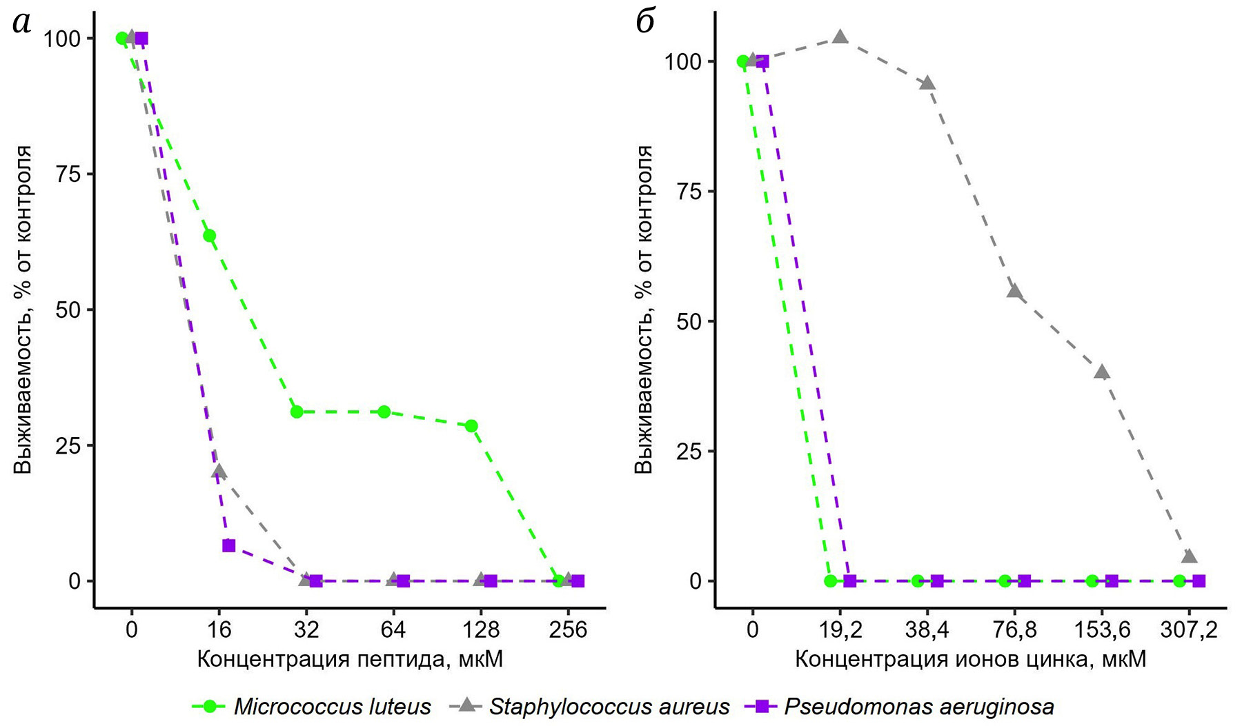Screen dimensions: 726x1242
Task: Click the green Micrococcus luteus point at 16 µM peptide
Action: tap(209, 236)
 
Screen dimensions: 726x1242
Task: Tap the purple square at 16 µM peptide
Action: tap(228, 546)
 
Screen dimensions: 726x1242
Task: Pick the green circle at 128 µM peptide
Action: tap(471, 426)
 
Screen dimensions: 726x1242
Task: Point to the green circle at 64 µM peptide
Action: tap(384, 412)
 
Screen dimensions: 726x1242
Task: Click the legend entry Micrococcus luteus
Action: tap(332, 707)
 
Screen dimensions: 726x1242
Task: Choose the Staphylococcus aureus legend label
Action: tap(609, 707)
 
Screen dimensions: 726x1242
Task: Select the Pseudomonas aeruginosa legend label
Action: tap(918, 707)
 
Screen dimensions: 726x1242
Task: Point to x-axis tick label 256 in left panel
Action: tap(569, 630)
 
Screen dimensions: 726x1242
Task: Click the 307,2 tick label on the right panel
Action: tap(1188, 630)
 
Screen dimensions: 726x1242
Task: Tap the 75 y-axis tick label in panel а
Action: tap(68, 174)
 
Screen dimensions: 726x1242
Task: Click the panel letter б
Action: tap(644, 23)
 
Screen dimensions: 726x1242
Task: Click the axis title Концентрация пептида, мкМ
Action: tap(350, 660)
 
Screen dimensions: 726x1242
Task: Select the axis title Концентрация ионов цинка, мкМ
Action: tap(970, 660)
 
